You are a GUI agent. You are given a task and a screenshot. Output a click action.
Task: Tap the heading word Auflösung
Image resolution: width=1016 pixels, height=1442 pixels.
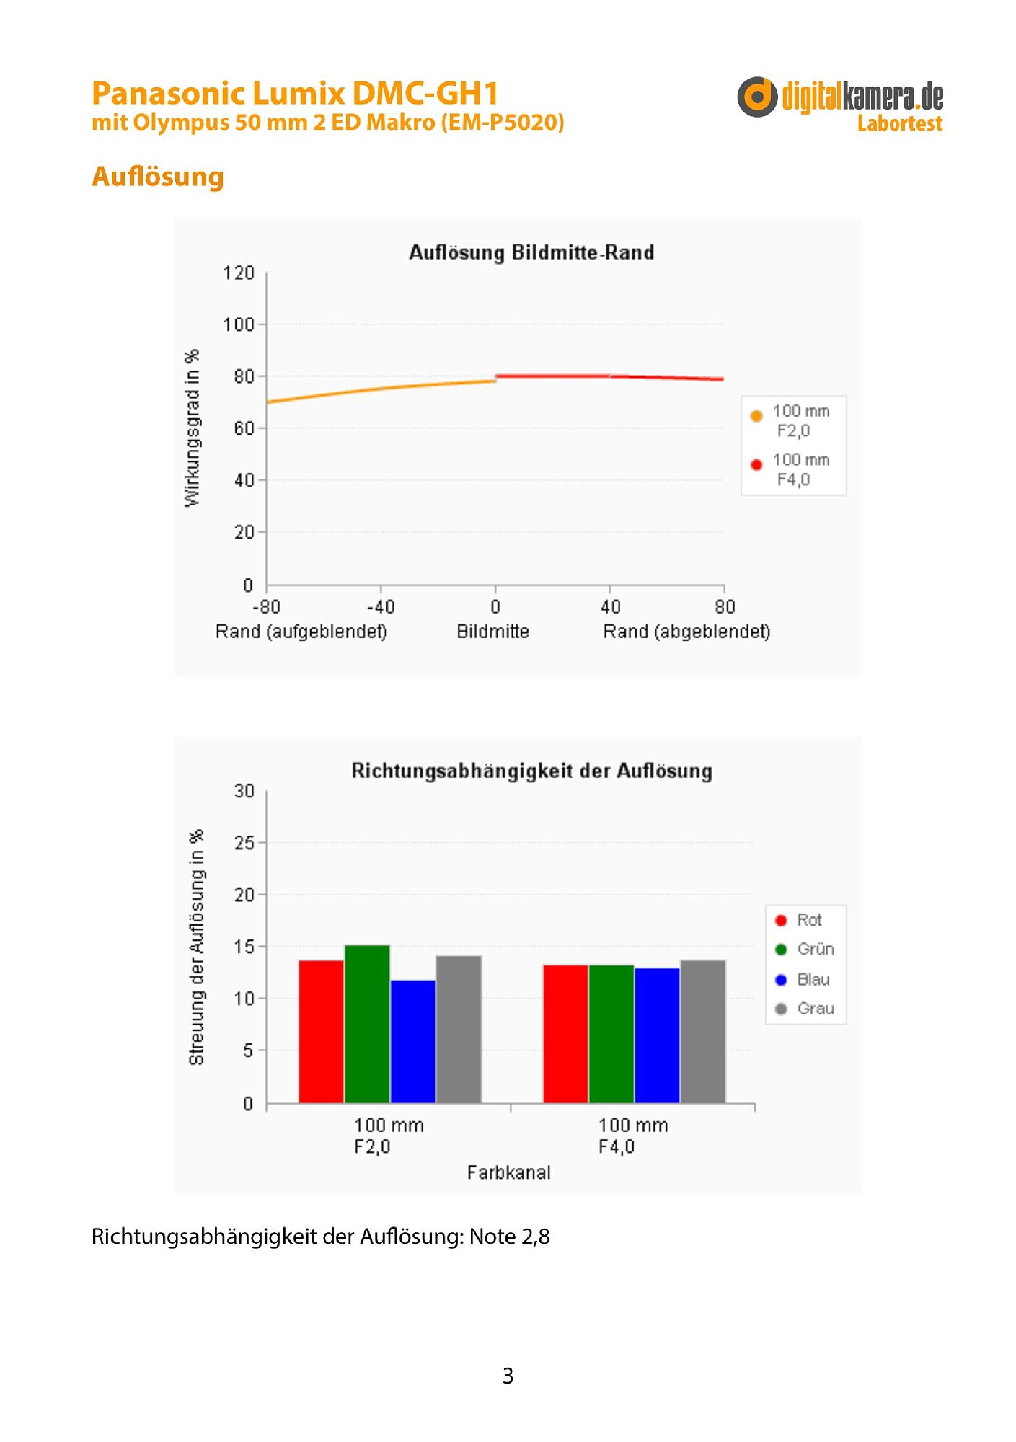click(x=158, y=177)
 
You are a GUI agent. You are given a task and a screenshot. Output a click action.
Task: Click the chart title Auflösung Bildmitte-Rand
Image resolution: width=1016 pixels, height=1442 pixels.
click(x=531, y=252)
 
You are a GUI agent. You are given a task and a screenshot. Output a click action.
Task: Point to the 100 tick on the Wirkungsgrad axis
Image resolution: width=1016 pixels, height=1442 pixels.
click(x=239, y=325)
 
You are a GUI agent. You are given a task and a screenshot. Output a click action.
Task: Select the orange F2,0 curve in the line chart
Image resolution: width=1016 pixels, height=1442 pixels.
click(x=381, y=389)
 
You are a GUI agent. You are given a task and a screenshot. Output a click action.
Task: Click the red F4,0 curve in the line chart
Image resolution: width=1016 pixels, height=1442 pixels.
click(x=609, y=376)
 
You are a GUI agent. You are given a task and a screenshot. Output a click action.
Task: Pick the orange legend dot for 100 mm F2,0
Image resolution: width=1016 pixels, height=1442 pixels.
click(x=756, y=416)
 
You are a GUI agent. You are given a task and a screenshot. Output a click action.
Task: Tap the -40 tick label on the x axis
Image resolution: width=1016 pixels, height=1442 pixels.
click(x=380, y=607)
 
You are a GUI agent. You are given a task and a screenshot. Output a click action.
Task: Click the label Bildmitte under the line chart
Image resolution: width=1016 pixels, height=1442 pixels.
click(x=492, y=632)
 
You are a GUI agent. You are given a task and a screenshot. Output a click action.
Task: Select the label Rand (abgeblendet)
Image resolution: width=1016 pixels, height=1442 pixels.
click(x=686, y=632)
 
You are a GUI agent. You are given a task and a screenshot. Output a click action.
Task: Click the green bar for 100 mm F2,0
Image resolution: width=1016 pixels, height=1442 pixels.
click(x=367, y=1024)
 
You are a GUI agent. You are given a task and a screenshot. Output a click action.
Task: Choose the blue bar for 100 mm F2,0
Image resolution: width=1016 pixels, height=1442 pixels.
click(x=413, y=1041)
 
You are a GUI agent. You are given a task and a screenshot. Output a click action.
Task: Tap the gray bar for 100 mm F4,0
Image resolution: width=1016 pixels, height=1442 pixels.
click(x=703, y=1031)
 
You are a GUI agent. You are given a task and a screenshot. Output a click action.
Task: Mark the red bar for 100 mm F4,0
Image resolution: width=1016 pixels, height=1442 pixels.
click(x=565, y=1034)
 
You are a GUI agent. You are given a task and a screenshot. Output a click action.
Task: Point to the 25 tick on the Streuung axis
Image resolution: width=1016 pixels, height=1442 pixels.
click(x=244, y=843)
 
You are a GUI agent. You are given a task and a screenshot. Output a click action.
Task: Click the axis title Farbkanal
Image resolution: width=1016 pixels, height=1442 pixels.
click(x=508, y=1173)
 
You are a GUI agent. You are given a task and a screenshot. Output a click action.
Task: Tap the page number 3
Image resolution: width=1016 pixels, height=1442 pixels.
click(x=508, y=1376)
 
